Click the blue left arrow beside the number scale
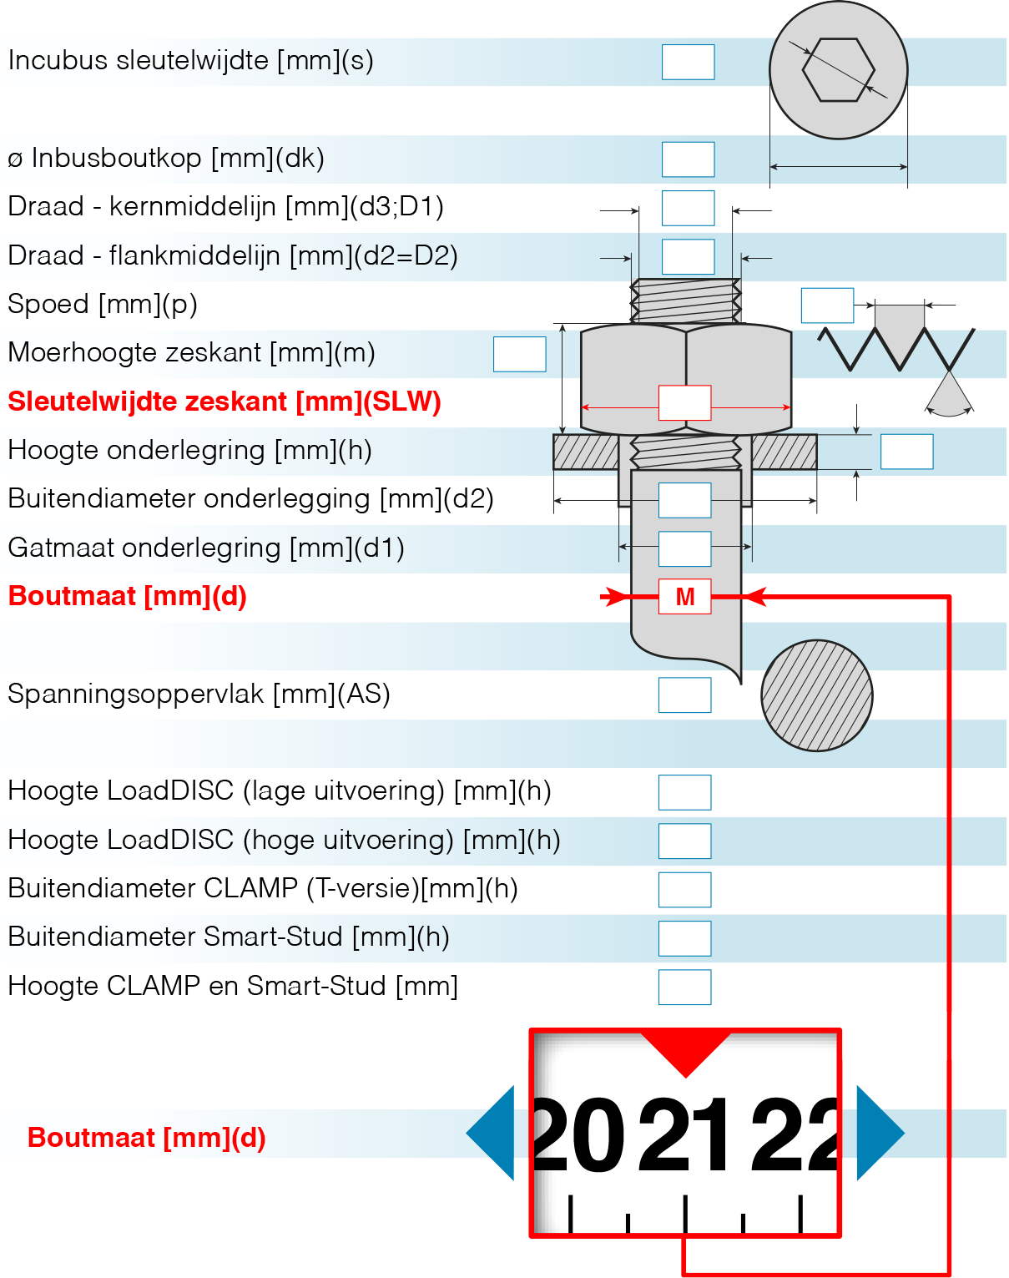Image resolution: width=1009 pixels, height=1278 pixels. click(492, 1134)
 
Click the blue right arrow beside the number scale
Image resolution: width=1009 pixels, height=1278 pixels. click(878, 1134)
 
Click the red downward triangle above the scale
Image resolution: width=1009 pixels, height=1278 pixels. click(685, 1051)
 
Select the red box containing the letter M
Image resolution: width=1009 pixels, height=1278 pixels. click(685, 596)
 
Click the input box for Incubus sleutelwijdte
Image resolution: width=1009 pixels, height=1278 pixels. click(688, 62)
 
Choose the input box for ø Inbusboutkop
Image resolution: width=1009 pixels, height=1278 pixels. click(688, 159)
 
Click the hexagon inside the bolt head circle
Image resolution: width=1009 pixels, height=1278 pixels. click(838, 70)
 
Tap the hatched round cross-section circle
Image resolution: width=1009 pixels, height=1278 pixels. click(816, 695)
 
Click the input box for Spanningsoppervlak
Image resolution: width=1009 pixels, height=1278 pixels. click(684, 695)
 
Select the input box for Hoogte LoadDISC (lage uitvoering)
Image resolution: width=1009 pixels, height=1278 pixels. click(684, 792)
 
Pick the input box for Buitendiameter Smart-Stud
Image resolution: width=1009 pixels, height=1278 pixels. click(684, 938)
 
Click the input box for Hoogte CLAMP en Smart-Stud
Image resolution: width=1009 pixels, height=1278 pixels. click(684, 987)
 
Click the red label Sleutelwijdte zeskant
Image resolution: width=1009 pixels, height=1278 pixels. click(225, 402)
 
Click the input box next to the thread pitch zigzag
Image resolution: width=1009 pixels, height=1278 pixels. click(826, 306)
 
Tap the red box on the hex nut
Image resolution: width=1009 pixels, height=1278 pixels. click(684, 402)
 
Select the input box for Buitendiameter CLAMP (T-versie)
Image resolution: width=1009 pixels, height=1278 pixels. click(684, 890)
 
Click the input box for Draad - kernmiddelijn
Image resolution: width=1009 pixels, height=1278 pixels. click(688, 208)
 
